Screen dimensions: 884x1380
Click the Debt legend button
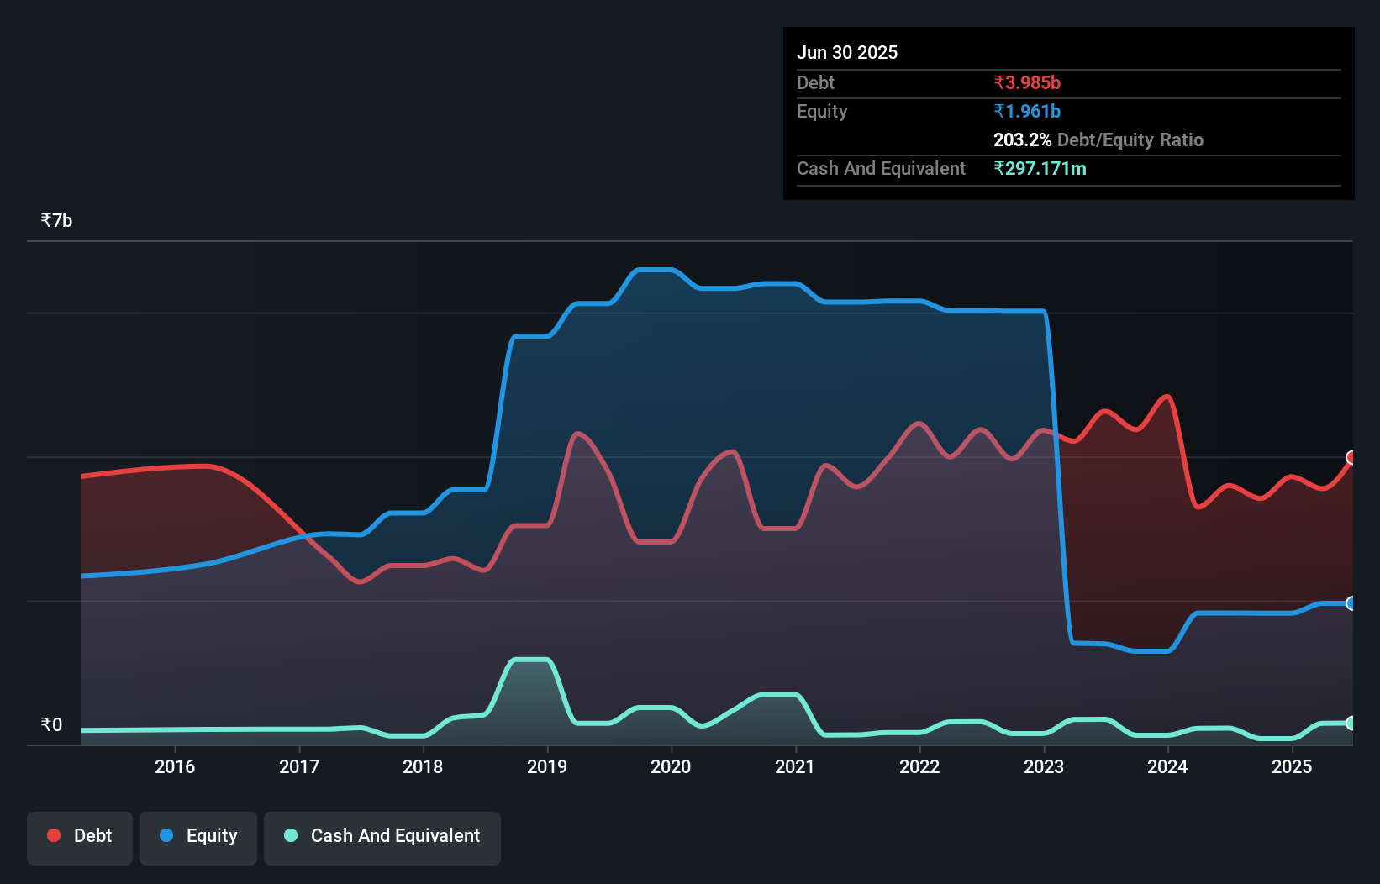point(80,836)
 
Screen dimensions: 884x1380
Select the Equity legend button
point(198,836)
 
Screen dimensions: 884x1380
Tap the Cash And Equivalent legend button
point(382,836)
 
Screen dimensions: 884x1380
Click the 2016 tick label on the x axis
point(175,766)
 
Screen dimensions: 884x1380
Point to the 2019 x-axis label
point(547,766)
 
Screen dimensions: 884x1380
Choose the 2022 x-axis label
point(919,766)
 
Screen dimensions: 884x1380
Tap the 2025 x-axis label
point(1292,766)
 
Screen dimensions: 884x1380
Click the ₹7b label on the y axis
point(56,221)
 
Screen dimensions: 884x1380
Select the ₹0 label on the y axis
point(51,725)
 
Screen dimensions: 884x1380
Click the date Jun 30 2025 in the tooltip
point(847,53)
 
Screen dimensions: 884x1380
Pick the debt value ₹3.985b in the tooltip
point(1027,83)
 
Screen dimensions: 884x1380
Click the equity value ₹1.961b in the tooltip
point(1027,112)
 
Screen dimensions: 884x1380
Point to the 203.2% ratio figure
point(1022,140)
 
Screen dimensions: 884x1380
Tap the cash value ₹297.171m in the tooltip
point(1040,169)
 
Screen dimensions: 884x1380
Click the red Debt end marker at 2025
point(1351,458)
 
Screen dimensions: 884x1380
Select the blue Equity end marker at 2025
point(1351,603)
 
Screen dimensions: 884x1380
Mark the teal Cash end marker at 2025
point(1351,723)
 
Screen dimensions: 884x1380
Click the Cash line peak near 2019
point(530,660)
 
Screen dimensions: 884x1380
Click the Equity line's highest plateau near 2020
point(656,270)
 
